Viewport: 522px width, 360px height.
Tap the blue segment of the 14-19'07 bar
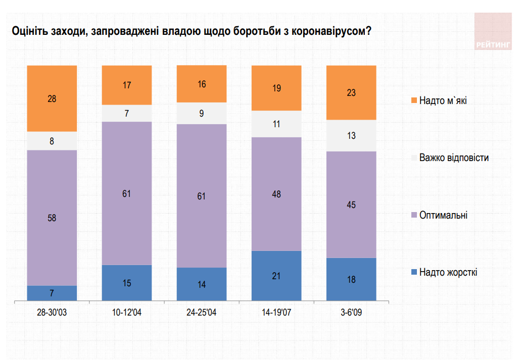coord(276,276)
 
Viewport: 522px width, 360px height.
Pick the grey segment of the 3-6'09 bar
coord(351,135)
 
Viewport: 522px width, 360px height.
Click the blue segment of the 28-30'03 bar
coord(52,293)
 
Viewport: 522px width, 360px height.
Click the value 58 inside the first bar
coord(52,218)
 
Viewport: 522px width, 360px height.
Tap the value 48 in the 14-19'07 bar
coord(276,194)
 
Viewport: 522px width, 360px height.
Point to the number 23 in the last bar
coord(351,92)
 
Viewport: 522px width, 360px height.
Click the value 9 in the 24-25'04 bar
coord(202,114)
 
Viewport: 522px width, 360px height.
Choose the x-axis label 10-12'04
coord(127,313)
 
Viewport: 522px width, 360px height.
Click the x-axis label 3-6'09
coord(351,313)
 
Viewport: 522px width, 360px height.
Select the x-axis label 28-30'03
coord(52,313)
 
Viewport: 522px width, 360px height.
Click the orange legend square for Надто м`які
coord(414,101)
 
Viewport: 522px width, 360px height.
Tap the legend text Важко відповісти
coord(454,158)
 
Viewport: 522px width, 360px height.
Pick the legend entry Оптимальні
coord(443,215)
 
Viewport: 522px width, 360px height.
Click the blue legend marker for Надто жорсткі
coord(414,273)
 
